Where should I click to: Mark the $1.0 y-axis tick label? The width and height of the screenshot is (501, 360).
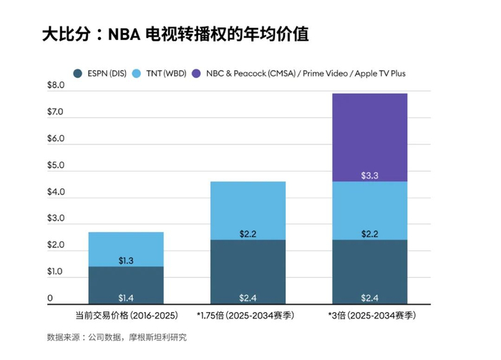click(55, 272)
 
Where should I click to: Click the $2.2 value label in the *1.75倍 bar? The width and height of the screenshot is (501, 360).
click(248, 233)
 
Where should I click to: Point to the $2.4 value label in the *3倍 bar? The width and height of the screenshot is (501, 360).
click(371, 298)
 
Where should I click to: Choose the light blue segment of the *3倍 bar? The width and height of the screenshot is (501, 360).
click(371, 211)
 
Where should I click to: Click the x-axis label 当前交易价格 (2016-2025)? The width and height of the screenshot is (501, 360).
click(126, 315)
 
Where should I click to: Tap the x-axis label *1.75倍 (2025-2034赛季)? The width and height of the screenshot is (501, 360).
click(248, 315)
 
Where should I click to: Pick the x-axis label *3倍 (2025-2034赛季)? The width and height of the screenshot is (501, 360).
click(371, 315)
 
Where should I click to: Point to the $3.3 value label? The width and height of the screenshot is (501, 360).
click(371, 175)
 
